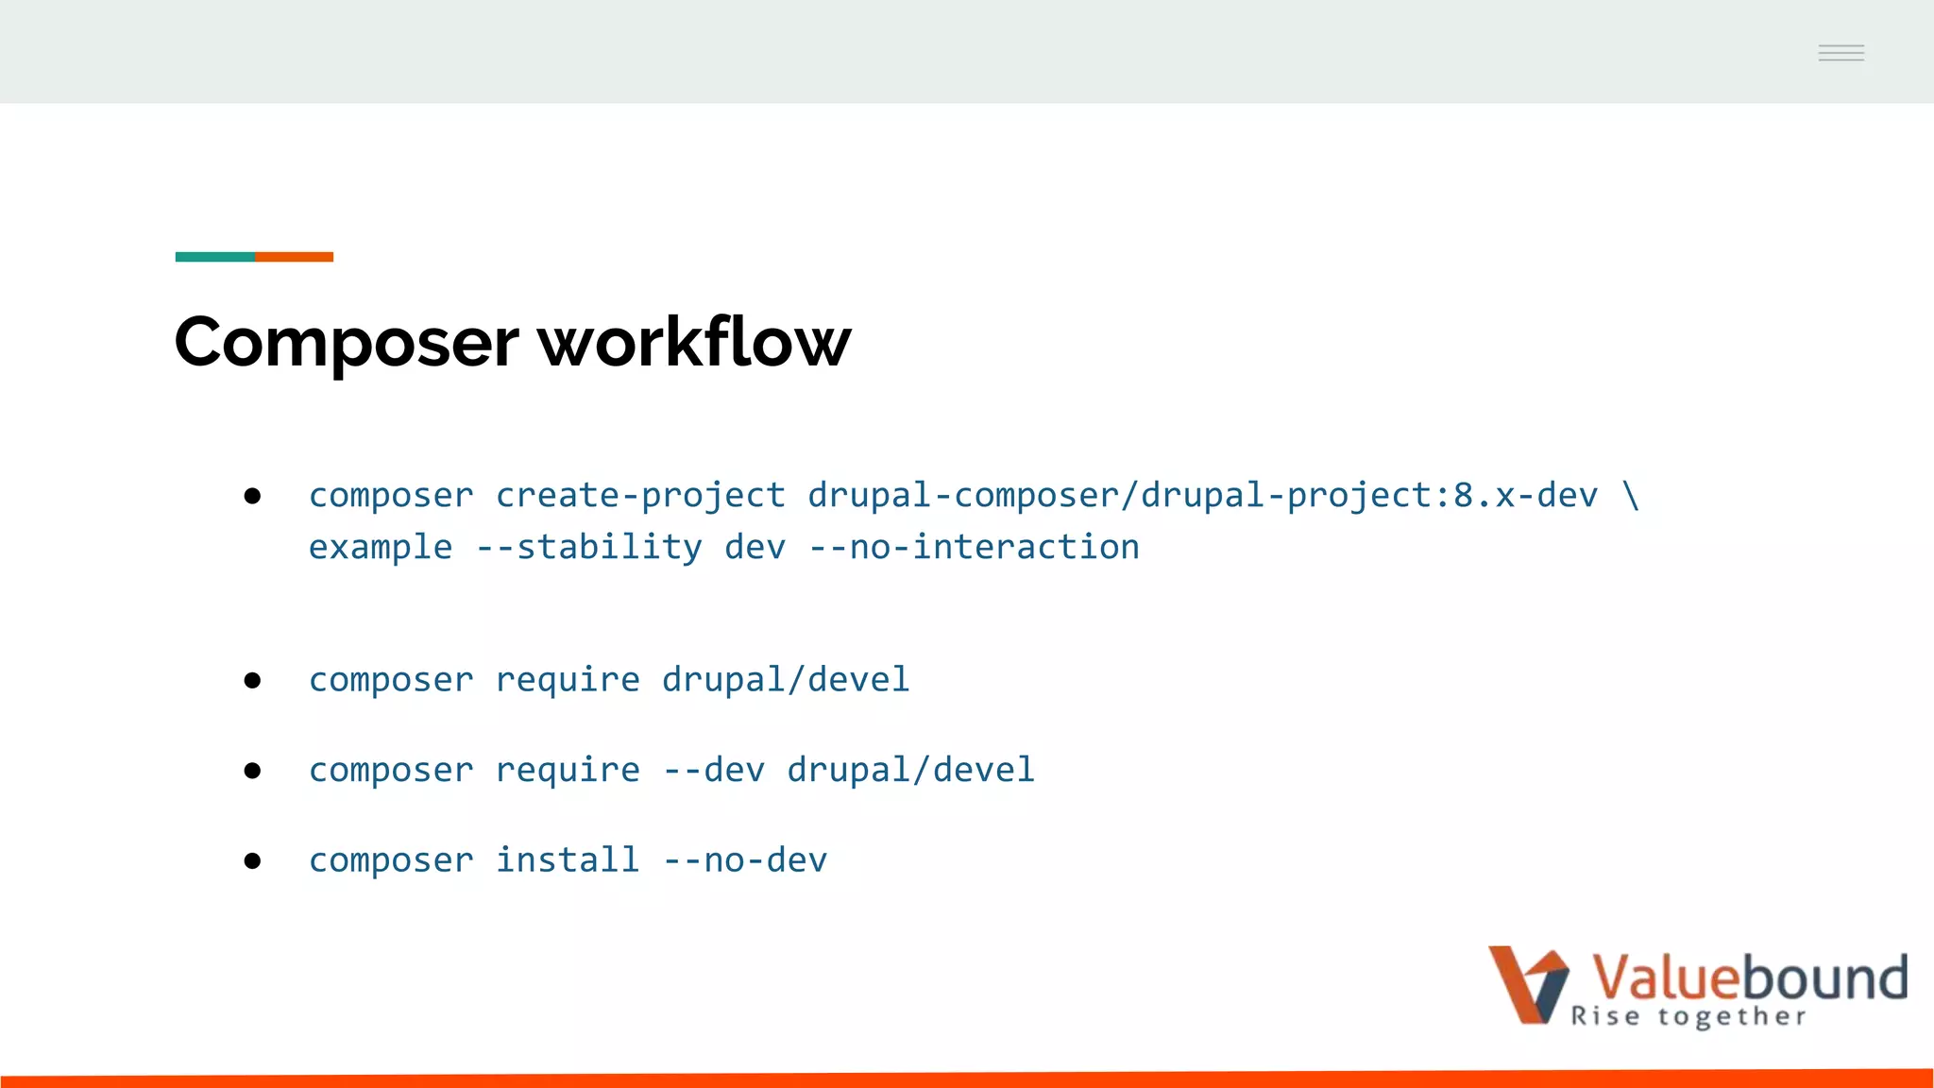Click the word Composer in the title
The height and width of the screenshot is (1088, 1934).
coord(347,342)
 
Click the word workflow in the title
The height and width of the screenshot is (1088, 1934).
coord(694,342)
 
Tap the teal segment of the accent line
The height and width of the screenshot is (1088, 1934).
coord(214,257)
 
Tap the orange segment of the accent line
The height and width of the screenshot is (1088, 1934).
coord(294,257)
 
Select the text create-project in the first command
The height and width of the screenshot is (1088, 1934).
coord(640,496)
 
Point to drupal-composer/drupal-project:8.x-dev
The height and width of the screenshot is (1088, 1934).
coord(1202,496)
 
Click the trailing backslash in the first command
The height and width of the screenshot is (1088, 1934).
coord(1631,496)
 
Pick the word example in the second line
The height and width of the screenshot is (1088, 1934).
coord(381,548)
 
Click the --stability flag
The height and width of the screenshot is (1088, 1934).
coord(589,548)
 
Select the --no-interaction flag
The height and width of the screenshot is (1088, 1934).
coord(975,548)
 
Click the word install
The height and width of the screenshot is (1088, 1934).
coord(568,860)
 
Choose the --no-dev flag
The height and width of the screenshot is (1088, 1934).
coord(745,860)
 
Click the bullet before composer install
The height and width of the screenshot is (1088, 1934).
coord(252,860)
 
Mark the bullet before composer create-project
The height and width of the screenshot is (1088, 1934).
coord(252,496)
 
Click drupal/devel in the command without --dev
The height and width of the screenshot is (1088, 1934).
coord(786,680)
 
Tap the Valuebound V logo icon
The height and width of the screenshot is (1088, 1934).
coord(1528,984)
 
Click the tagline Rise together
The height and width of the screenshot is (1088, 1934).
coord(1688,1017)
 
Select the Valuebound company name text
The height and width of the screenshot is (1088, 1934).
coord(1750,977)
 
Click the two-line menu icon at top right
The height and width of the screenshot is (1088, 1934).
coord(1841,53)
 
